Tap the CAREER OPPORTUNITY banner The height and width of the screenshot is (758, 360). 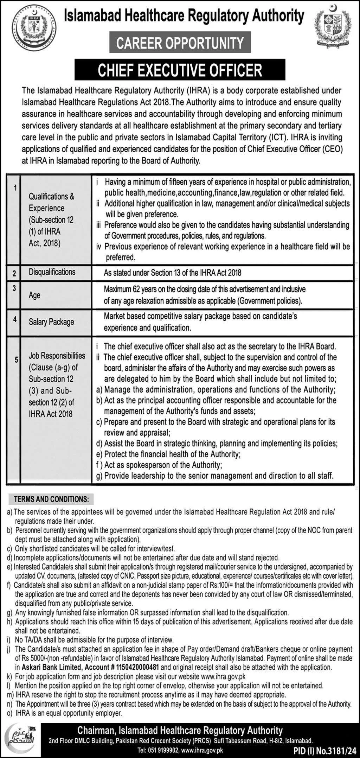(x=180, y=43)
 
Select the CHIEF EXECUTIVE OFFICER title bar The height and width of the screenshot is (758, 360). (x=180, y=70)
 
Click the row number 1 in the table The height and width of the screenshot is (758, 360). (x=15, y=188)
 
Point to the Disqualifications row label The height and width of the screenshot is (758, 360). (x=52, y=272)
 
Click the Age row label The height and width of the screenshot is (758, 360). (x=34, y=295)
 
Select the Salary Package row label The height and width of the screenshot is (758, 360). (x=51, y=322)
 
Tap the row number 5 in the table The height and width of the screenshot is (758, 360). (x=16, y=360)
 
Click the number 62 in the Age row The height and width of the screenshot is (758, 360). (x=137, y=289)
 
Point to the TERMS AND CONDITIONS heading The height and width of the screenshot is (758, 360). (x=51, y=499)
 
